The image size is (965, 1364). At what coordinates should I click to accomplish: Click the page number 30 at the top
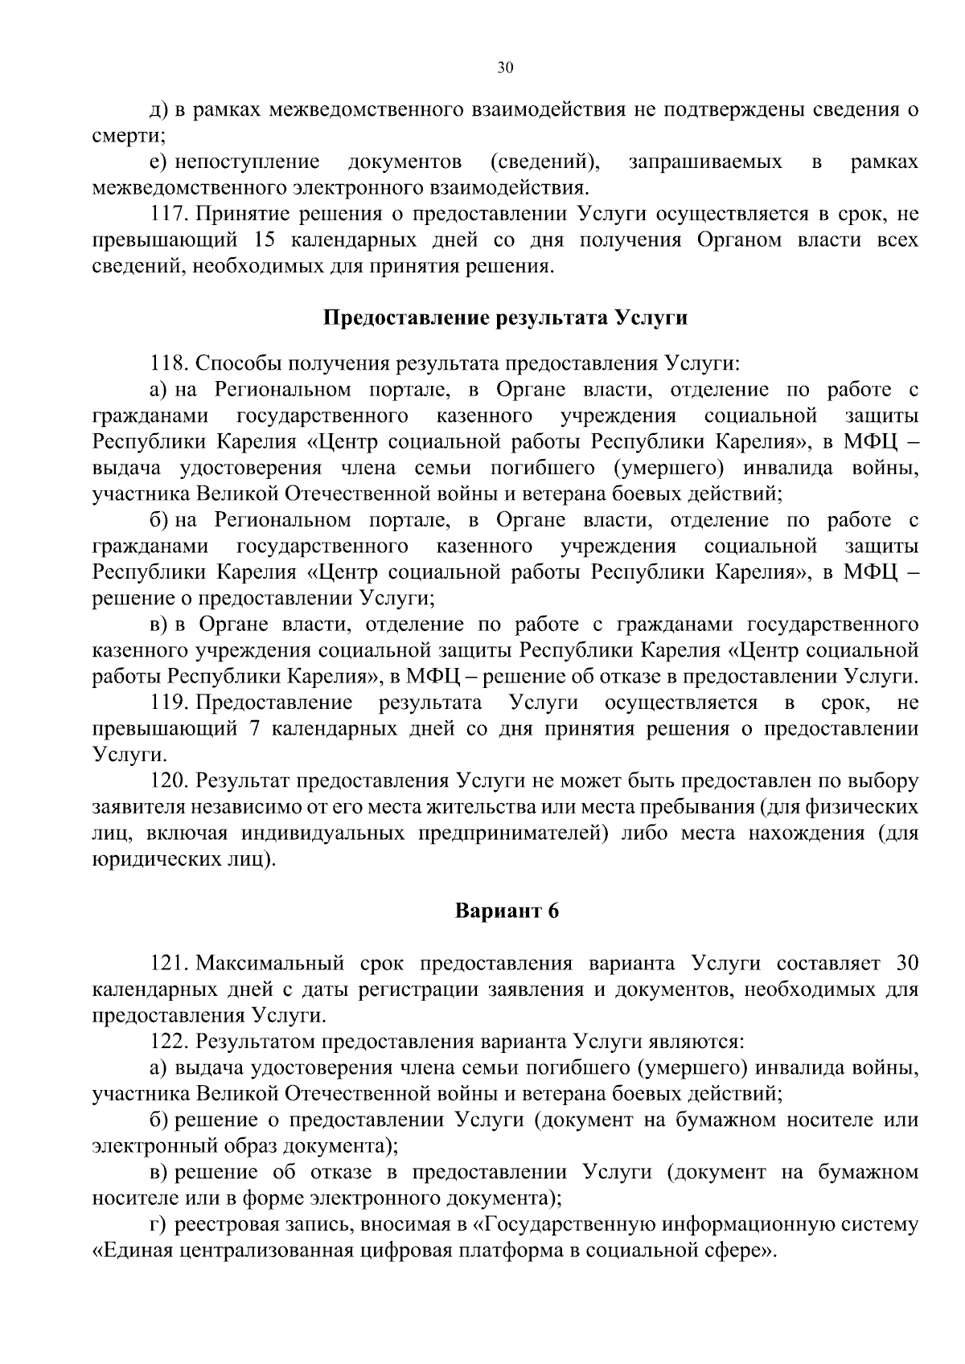[x=505, y=68]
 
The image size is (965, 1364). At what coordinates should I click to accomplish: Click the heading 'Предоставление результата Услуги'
[x=505, y=317]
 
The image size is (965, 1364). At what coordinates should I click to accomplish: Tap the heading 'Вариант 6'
[x=507, y=911]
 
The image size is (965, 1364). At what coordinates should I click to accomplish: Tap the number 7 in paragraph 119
[x=274, y=729]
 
